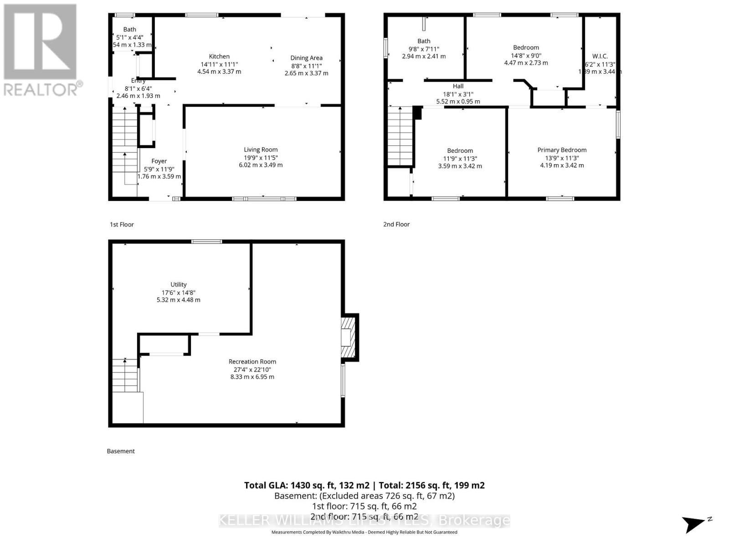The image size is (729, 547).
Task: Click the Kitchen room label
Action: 219,57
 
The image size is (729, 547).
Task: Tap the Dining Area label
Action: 306,58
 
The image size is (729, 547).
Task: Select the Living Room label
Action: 261,150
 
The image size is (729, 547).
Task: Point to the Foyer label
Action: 159,161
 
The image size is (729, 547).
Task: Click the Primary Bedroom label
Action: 562,150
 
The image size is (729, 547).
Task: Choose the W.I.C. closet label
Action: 600,57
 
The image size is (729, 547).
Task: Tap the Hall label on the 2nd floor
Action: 458,86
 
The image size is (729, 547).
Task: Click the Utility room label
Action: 179,284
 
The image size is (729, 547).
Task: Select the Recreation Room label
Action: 252,361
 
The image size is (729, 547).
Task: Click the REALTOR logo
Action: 41,50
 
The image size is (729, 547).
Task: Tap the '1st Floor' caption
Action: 122,224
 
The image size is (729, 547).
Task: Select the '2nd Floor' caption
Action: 396,224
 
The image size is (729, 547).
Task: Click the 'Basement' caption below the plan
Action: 121,451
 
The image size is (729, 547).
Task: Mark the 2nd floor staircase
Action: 400,136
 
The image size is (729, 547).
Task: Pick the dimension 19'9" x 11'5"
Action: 261,157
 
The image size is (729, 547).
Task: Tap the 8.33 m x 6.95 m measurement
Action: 252,377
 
